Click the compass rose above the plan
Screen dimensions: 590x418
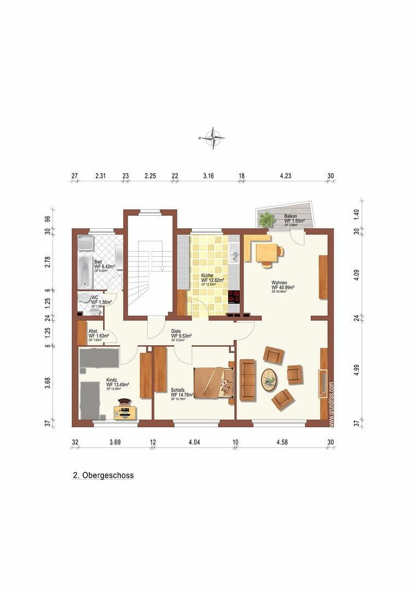coord(212,138)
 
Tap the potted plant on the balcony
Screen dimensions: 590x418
coord(267,220)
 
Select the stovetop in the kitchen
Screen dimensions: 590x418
coord(234,297)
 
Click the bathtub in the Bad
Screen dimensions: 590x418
coord(86,272)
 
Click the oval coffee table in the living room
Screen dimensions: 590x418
coord(269,379)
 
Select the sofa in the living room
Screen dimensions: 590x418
coord(247,380)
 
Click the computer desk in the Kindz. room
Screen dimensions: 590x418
coord(125,410)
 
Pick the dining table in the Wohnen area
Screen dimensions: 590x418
coord(267,252)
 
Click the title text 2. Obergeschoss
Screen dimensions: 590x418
coord(103,475)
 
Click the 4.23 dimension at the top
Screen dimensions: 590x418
coord(285,176)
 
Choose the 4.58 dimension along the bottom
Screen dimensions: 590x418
coord(282,442)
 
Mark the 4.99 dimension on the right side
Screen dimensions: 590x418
coord(356,369)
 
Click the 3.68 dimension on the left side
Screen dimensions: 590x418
coord(48,383)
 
